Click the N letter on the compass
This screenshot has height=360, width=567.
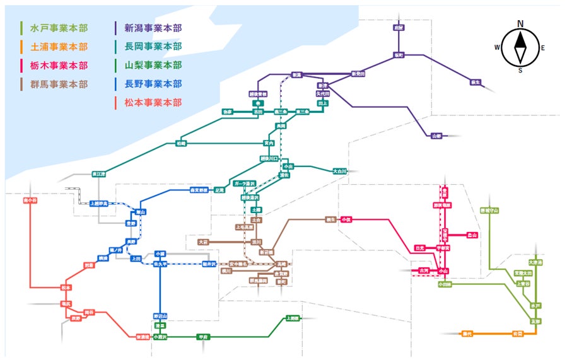pyautogui.click(x=520, y=23)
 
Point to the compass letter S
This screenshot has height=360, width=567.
pyautogui.click(x=520, y=70)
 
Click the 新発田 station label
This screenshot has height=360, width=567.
pyautogui.click(x=358, y=74)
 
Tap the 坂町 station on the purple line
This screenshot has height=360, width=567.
pyautogui.click(x=398, y=55)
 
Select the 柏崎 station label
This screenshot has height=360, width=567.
pyautogui.click(x=181, y=144)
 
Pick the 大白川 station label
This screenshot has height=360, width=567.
pyautogui.click(x=341, y=170)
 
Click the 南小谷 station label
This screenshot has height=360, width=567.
pyautogui.click(x=30, y=200)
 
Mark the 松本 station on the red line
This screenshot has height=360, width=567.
pyautogui.click(x=66, y=287)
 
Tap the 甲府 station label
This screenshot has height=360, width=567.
pyautogui.click(x=202, y=337)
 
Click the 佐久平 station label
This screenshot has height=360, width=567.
pyautogui.click(x=160, y=264)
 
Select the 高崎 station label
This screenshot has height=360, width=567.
pyautogui.click(x=282, y=263)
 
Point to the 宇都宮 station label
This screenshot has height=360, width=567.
pyautogui.click(x=445, y=248)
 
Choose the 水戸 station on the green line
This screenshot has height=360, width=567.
pyautogui.click(x=535, y=305)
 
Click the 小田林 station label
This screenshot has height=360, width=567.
pyautogui.click(x=445, y=284)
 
